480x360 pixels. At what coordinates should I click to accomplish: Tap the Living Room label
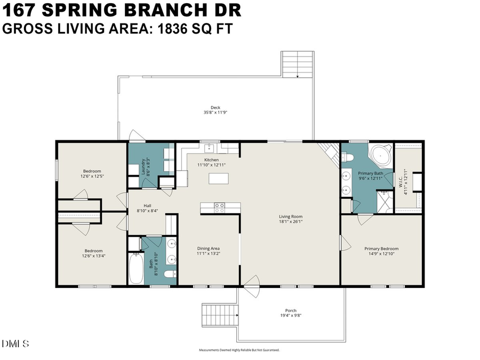point(291,217)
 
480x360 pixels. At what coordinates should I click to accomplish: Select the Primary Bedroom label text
point(381,249)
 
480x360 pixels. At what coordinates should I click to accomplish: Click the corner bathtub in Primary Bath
point(381,155)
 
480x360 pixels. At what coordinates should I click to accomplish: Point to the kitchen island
point(218,178)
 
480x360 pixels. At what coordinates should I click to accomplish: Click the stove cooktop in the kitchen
point(219,208)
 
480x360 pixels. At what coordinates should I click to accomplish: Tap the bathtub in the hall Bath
point(136,270)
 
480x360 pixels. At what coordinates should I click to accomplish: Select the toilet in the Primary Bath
point(347,157)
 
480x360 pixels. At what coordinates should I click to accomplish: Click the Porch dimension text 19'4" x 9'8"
point(291,316)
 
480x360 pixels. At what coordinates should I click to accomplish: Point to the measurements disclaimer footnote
point(239,350)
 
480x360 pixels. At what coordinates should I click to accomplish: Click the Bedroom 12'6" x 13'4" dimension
point(93,257)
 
